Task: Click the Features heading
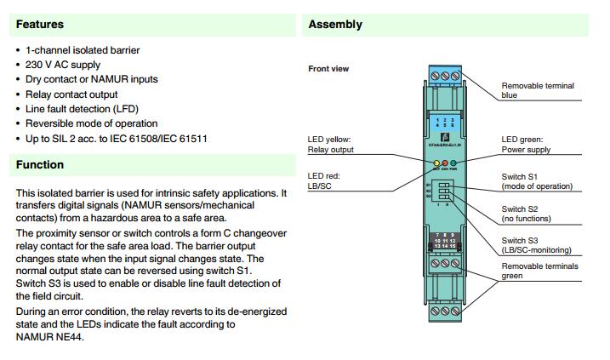click(39, 25)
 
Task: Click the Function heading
click(39, 165)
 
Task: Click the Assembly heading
click(335, 25)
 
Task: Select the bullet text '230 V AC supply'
click(63, 65)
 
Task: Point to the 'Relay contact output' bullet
click(71, 94)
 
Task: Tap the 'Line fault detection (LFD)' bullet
click(82, 109)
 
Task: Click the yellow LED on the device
click(437, 163)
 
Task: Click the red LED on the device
click(445, 163)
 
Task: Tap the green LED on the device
click(453, 163)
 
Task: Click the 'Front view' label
click(328, 69)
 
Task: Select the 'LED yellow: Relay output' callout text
click(330, 145)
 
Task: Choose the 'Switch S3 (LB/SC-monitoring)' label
click(536, 245)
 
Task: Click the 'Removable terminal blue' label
click(537, 90)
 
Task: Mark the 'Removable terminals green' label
click(539, 271)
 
